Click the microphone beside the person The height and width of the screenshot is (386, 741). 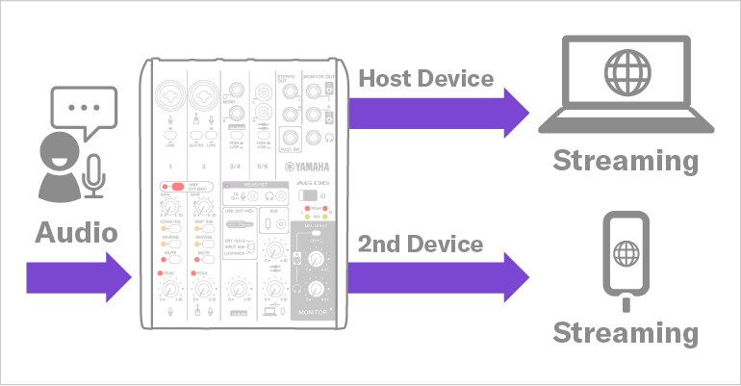tap(93, 173)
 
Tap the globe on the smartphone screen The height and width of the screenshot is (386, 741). tap(626, 255)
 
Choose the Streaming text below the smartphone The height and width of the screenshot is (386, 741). tap(625, 333)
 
